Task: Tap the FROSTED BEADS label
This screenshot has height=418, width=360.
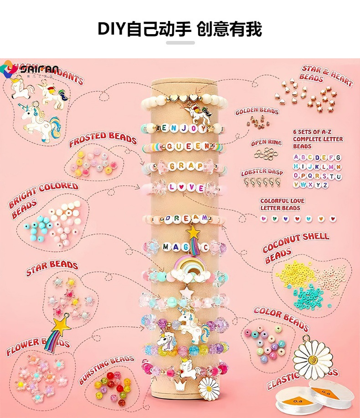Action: coord(103,139)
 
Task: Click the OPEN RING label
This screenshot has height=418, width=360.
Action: coord(266,143)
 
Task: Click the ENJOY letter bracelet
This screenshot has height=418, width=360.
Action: coord(184,128)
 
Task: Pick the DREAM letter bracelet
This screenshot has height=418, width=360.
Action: coord(185,219)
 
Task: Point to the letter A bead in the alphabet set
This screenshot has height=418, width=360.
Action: coord(297,158)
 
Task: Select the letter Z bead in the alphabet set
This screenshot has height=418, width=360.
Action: coord(324,185)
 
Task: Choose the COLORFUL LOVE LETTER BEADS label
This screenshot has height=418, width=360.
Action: coord(282,204)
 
